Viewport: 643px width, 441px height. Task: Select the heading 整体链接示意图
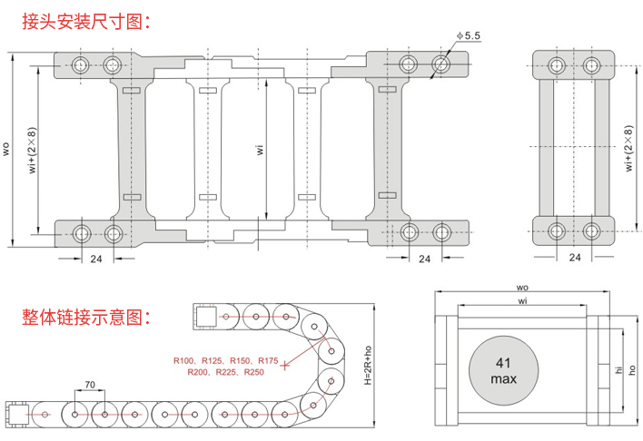83,317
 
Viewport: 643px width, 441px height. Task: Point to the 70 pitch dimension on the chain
90,386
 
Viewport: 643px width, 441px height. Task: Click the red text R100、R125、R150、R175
226,360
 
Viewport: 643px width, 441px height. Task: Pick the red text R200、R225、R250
226,373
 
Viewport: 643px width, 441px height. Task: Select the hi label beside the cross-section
618,370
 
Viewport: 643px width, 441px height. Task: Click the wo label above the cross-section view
522,289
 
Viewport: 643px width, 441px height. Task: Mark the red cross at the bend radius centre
286,366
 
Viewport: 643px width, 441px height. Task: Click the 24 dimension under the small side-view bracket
574,257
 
